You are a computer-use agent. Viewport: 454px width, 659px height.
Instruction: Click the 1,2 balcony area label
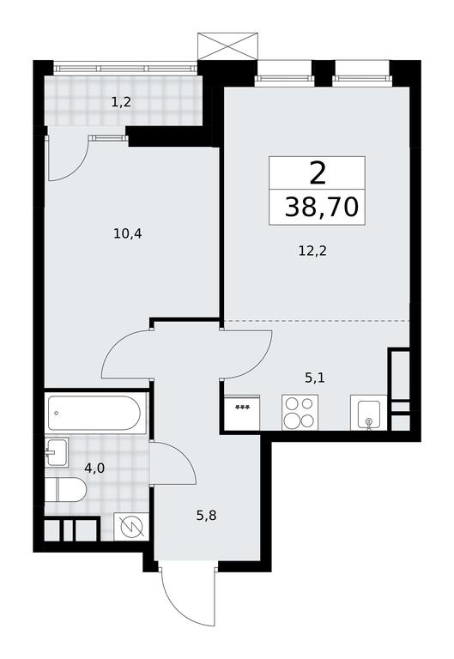121,103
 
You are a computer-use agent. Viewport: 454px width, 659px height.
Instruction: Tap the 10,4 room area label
127,233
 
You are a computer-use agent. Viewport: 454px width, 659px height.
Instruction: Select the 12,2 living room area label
312,251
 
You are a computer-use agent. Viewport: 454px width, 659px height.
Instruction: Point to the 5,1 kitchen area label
314,378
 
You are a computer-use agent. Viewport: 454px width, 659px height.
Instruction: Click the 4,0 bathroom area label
94,468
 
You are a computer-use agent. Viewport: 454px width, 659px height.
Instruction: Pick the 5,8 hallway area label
206,515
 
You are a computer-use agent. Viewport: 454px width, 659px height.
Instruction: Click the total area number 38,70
322,208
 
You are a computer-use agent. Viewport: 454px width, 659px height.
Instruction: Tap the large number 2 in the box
318,174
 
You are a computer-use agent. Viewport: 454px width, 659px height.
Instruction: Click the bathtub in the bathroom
94,413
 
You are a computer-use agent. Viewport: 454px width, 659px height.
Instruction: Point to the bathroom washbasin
57,452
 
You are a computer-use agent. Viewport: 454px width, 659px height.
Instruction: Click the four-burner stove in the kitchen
300,412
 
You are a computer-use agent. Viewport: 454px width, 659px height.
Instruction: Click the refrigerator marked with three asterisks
242,413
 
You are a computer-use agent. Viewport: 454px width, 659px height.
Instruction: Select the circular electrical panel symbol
131,526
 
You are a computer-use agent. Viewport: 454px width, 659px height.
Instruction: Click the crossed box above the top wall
227,46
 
